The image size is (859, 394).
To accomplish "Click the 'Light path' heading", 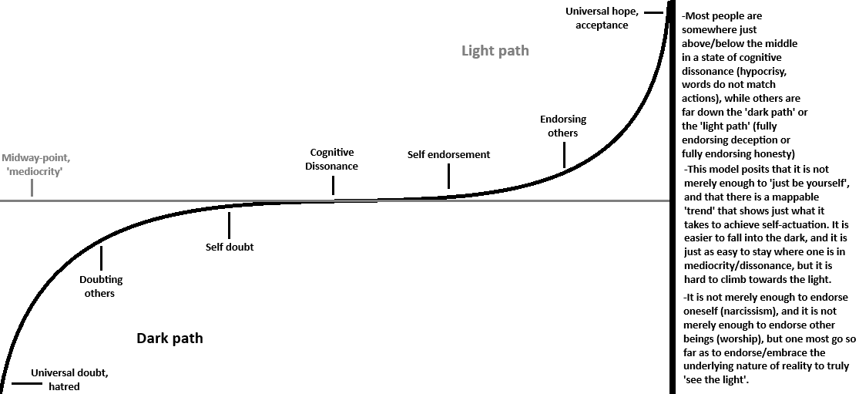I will click(x=495, y=52).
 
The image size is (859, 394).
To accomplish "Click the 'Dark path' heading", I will click(x=169, y=338).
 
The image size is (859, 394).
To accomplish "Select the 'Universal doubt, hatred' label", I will click(x=69, y=379).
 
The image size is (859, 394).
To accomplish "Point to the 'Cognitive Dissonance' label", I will click(x=332, y=159).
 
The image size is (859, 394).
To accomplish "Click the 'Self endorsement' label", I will click(x=448, y=154).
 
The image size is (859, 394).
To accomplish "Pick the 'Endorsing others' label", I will click(x=563, y=126).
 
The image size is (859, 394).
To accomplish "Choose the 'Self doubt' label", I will click(x=230, y=247).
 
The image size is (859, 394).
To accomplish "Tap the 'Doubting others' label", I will click(x=101, y=286).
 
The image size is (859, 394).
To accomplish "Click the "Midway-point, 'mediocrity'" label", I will click(x=32, y=164).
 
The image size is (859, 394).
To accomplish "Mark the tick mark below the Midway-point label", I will click(x=32, y=187).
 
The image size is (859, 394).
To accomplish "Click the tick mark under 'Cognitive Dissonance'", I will click(x=333, y=185).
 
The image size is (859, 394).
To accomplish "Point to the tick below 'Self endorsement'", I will click(x=448, y=178).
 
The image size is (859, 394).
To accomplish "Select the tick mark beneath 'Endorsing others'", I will click(x=564, y=156).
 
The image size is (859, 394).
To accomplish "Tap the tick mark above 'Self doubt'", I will click(x=230, y=224).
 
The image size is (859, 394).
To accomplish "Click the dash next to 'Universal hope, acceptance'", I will click(x=653, y=12).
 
